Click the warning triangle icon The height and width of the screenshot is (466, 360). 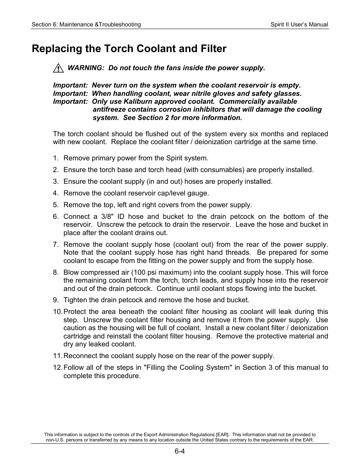58,68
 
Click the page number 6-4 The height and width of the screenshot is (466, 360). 180,451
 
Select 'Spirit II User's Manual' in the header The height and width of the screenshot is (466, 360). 299,25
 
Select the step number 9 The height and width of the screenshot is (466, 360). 55,300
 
